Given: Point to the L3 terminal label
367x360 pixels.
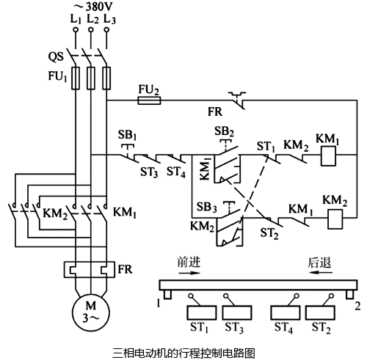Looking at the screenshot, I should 109,20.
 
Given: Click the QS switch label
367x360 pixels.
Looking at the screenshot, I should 56,56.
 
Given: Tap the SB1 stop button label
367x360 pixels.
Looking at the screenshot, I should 128,136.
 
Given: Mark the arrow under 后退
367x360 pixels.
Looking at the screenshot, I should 317,271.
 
